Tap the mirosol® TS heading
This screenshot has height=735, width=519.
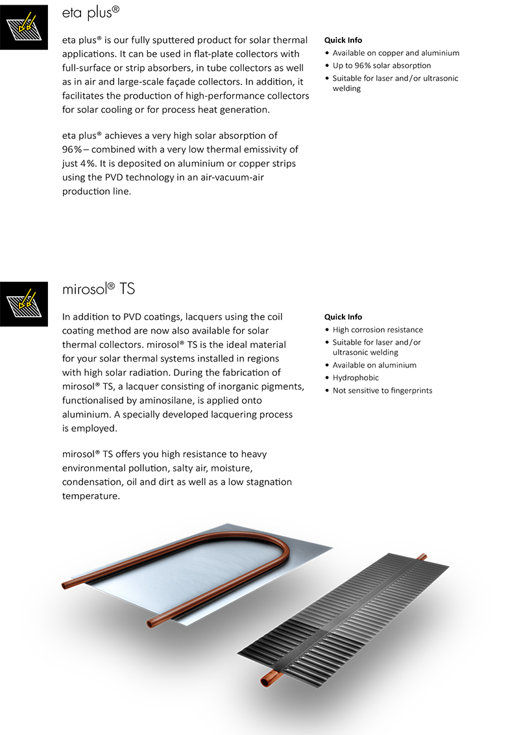click(99, 289)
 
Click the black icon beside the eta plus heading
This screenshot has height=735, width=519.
click(24, 27)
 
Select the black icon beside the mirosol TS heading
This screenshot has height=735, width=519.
click(24, 303)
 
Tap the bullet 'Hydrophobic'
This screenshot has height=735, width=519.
click(356, 378)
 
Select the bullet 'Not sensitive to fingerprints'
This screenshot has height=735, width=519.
click(382, 390)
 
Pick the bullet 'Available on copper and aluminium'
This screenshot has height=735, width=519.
click(396, 53)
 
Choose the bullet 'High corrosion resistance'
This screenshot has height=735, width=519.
click(378, 330)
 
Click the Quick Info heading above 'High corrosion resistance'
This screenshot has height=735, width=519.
click(343, 317)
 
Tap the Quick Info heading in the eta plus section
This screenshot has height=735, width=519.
click(343, 40)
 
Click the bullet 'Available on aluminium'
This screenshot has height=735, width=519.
click(374, 365)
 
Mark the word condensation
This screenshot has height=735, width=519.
click(91, 482)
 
